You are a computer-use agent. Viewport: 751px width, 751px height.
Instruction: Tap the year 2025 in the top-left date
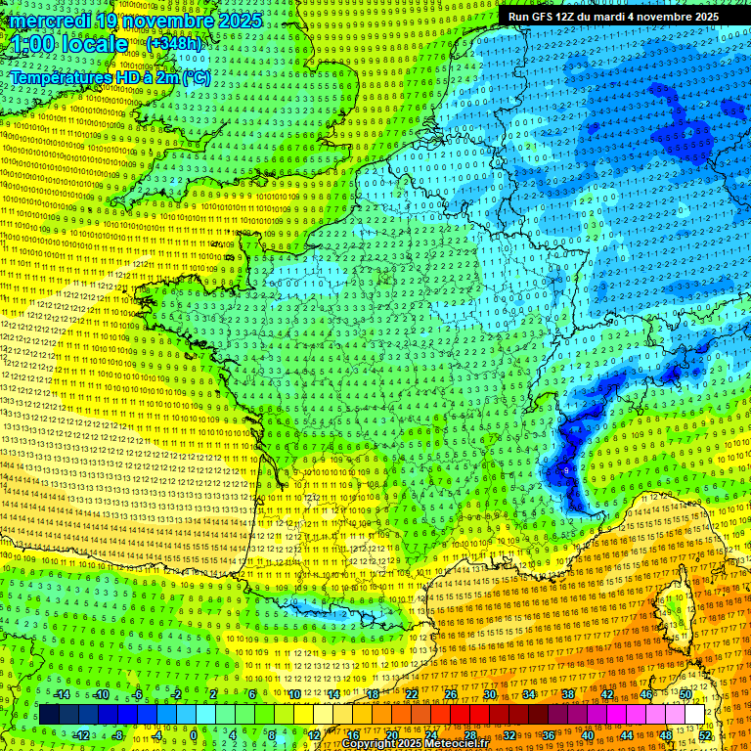coord(240,21)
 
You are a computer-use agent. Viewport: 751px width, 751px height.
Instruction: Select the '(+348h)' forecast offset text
coord(175,43)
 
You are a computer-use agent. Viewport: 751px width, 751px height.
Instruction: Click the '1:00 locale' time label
coord(68,44)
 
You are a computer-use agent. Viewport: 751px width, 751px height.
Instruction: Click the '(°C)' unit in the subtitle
coord(195,77)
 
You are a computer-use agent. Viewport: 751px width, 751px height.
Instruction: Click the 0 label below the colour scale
coord(193,735)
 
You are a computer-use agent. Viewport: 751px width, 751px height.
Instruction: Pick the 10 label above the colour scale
coord(292,694)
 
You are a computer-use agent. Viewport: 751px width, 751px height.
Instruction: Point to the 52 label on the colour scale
coord(705,735)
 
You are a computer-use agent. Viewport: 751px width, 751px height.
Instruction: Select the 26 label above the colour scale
coord(450,694)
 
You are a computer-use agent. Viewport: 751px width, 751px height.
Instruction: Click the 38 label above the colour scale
coord(567,694)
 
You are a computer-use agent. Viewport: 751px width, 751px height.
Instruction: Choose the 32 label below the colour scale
coord(508,735)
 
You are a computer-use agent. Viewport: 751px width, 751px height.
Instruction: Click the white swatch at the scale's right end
coord(694,715)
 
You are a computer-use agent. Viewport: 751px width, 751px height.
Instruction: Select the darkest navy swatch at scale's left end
coord(49,715)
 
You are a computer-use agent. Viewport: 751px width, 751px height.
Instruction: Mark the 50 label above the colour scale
coord(685,694)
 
